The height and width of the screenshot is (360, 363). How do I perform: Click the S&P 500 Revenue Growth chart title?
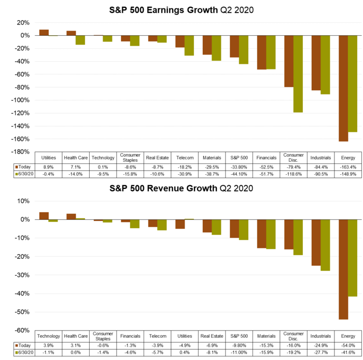[181, 188]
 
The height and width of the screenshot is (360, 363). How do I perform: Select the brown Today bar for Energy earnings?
[343, 88]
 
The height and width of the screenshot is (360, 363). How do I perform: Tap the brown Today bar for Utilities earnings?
[45, 33]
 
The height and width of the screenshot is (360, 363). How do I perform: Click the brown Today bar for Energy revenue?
[343, 269]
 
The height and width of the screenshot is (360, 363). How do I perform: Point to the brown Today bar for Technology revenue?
[45, 216]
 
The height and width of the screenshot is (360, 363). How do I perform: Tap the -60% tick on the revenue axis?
[23, 330]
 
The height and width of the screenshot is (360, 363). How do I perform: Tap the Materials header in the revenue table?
[267, 336]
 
